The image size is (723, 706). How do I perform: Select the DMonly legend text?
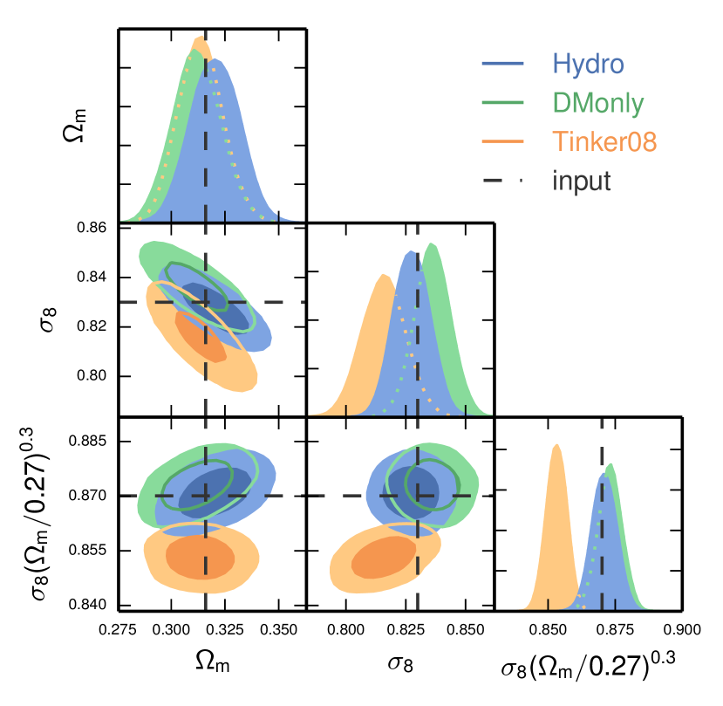click(x=597, y=103)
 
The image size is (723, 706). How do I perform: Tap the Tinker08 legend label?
click(x=603, y=141)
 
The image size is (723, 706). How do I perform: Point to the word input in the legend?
click(x=581, y=181)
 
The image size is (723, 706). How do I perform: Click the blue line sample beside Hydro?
click(x=503, y=64)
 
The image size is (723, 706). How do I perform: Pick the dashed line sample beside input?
click(x=503, y=181)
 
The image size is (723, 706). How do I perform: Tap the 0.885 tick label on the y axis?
click(x=88, y=442)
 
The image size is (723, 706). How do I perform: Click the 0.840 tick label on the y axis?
click(x=88, y=605)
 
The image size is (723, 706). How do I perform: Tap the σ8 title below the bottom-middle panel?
click(x=401, y=664)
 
